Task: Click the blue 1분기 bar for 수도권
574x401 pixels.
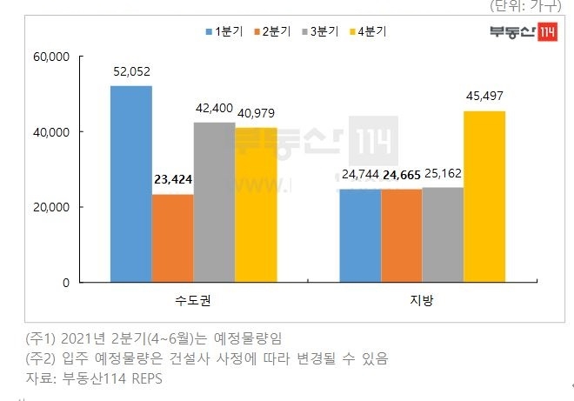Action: (x=131, y=184)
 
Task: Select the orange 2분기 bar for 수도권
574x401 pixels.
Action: (x=173, y=238)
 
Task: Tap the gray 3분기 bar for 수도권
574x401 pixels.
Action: (x=214, y=203)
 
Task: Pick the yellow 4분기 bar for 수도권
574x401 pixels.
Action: (x=256, y=205)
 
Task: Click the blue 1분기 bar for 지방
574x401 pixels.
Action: (x=359, y=236)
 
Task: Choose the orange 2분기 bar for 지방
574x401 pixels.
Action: (x=401, y=236)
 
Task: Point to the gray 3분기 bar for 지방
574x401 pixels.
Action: (x=443, y=235)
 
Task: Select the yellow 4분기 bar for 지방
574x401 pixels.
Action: (x=484, y=197)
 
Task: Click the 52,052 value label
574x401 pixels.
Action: (x=131, y=73)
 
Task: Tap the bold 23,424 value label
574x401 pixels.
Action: (x=173, y=181)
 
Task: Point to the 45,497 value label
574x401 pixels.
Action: (x=484, y=97)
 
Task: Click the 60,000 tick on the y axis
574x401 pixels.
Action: (x=51, y=57)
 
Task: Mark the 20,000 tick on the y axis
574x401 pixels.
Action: (x=51, y=208)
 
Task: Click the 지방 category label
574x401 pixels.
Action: (x=422, y=301)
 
